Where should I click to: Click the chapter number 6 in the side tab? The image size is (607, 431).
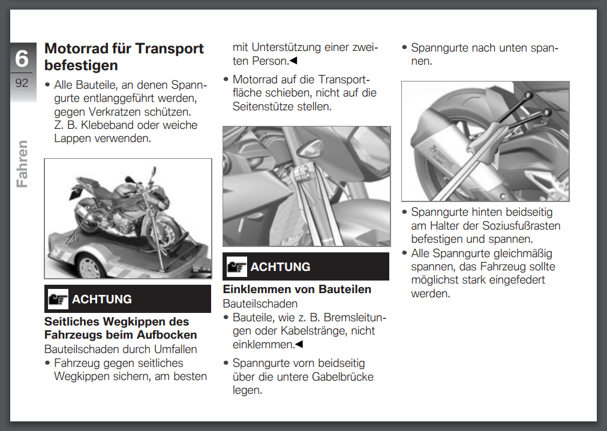pyautogui.click(x=22, y=58)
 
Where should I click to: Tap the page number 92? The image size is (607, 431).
pyautogui.click(x=22, y=83)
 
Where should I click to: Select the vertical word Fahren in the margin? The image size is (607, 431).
pyautogui.click(x=22, y=164)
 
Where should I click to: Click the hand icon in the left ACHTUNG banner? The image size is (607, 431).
pyautogui.click(x=58, y=299)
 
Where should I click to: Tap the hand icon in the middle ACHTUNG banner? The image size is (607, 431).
pyautogui.click(x=237, y=266)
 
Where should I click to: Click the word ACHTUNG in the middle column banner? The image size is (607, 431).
pyautogui.click(x=280, y=267)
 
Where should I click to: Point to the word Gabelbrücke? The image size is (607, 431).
pyautogui.click(x=341, y=376)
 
